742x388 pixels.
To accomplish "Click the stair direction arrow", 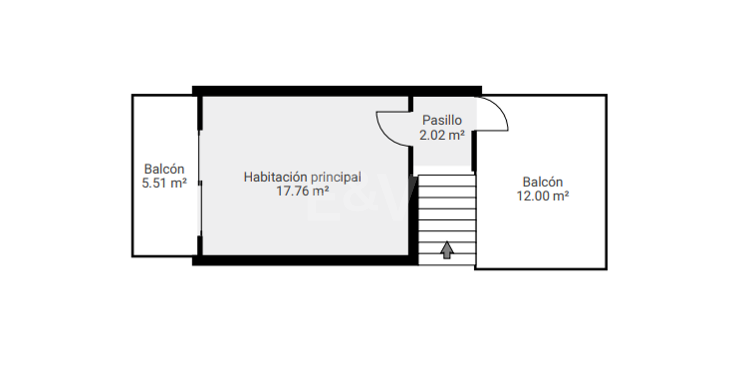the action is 447,250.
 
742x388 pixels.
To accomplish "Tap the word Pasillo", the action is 442,120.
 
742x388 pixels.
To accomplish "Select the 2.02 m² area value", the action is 442,135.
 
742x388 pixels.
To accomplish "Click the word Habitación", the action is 275,177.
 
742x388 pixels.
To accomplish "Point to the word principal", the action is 336,178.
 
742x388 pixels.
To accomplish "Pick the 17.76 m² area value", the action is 303,191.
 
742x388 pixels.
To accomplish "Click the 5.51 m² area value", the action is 164,183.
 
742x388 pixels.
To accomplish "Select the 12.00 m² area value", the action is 543,196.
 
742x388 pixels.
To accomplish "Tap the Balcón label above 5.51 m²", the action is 164,169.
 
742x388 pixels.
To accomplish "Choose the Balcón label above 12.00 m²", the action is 543,182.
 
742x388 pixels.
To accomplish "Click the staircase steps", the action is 447,220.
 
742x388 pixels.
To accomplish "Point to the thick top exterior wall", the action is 337,91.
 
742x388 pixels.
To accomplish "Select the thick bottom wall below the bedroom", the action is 305,260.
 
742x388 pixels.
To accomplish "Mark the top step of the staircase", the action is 447,181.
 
